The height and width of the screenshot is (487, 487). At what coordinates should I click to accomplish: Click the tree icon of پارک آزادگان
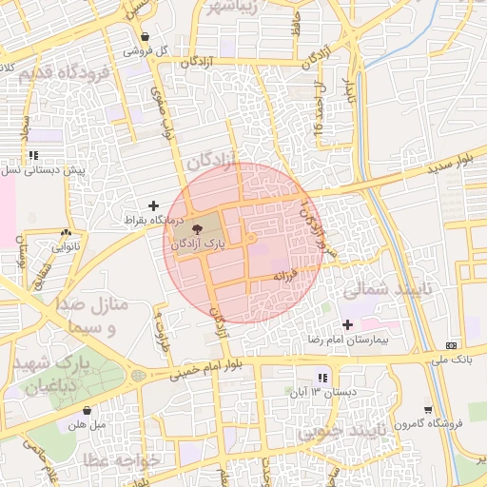[197, 229]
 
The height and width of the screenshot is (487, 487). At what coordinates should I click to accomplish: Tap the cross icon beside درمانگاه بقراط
[153, 205]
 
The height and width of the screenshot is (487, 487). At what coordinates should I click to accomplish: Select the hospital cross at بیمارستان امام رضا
[347, 325]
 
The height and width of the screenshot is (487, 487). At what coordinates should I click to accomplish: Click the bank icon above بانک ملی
[450, 345]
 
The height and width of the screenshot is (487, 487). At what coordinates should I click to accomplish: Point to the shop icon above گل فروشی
[145, 36]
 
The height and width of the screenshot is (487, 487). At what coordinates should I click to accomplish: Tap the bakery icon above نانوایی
[66, 232]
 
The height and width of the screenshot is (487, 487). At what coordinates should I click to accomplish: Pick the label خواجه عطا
[124, 459]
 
